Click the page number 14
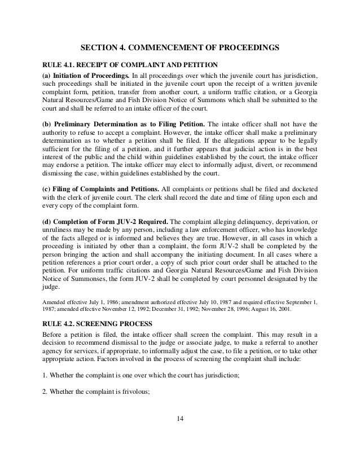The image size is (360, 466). click(180, 419)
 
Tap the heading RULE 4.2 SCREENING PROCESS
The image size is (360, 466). click(98, 323)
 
